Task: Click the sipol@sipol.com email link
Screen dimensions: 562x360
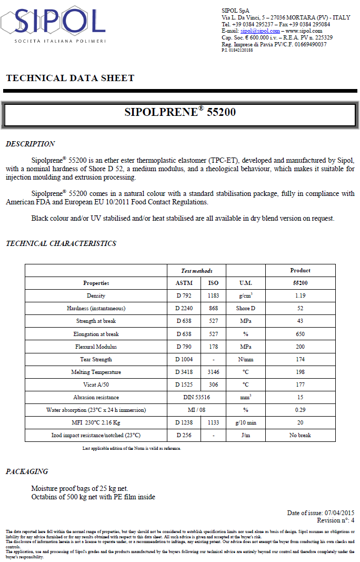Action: pyautogui.click(x=260, y=31)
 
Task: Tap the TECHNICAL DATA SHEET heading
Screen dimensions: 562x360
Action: pyautogui.click(x=70, y=78)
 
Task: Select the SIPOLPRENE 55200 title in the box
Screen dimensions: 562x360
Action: pyautogui.click(x=179, y=112)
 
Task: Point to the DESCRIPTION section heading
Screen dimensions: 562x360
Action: pyautogui.click(x=30, y=144)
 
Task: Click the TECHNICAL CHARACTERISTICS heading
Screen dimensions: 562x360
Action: pyautogui.click(x=61, y=243)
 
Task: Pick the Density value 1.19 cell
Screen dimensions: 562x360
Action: pyautogui.click(x=300, y=295)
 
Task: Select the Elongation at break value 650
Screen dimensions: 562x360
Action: pyautogui.click(x=300, y=334)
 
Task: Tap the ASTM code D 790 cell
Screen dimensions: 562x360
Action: pyautogui.click(x=184, y=347)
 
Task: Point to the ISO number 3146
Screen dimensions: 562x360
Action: pyautogui.click(x=213, y=372)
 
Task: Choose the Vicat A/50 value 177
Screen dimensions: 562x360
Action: pyautogui.click(x=300, y=385)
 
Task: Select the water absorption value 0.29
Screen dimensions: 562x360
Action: pyautogui.click(x=300, y=410)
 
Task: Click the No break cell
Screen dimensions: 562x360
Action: pyautogui.click(x=300, y=435)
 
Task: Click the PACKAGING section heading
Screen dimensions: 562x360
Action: pyautogui.click(x=27, y=471)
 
